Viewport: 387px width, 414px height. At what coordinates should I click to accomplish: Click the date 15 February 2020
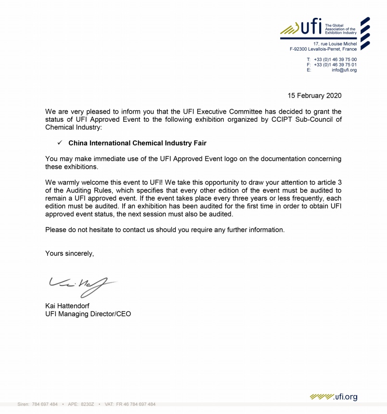point(314,95)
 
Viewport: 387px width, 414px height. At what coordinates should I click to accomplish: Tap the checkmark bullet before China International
point(60,143)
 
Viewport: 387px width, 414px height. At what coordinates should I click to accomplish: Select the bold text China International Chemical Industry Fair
point(137,143)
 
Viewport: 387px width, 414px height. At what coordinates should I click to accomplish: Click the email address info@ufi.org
point(344,70)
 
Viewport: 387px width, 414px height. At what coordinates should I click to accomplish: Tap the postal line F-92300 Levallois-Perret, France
point(323,49)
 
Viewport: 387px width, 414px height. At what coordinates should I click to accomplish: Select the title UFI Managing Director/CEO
point(88,314)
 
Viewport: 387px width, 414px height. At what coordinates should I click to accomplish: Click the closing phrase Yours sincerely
point(69,253)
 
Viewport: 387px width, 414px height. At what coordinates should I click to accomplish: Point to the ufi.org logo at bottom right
point(334,397)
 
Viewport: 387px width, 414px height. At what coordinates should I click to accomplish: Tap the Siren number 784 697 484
point(44,404)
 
